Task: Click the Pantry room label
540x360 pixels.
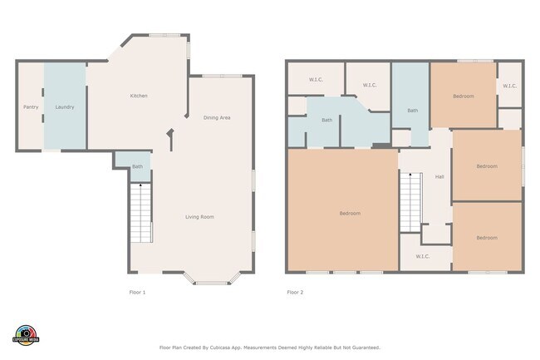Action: (x=31, y=107)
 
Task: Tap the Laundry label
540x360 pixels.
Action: (x=65, y=107)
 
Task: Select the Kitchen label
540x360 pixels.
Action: (x=139, y=96)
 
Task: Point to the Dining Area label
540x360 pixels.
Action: (x=217, y=117)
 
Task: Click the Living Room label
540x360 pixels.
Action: (x=199, y=217)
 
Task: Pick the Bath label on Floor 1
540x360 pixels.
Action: (x=137, y=167)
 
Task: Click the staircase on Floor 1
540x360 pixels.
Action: (x=141, y=213)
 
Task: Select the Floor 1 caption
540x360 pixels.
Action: (x=137, y=292)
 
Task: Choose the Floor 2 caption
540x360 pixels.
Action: (x=295, y=292)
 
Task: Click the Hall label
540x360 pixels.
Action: (x=439, y=176)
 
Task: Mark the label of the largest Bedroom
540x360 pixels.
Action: (x=350, y=214)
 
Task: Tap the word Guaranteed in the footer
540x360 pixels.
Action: (x=364, y=348)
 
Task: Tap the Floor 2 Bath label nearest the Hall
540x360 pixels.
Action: (x=412, y=111)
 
